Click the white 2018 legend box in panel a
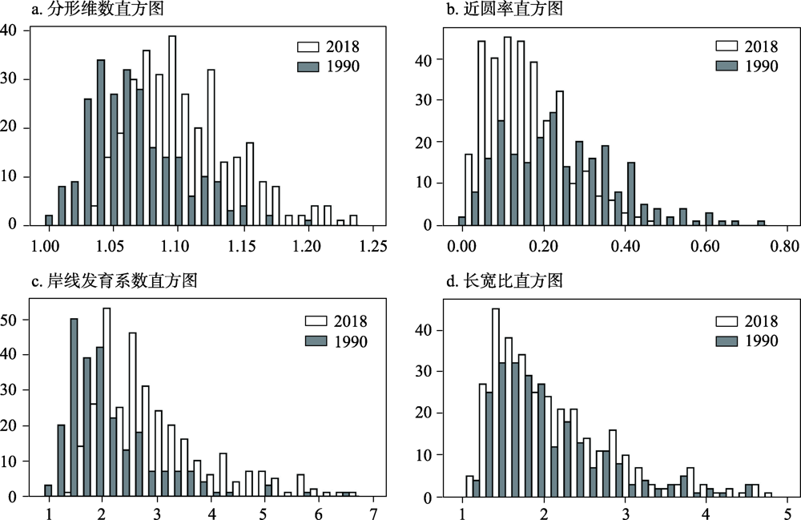tap(306, 46)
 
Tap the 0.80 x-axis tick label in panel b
tap(785, 245)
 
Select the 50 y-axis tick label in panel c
tap(14, 320)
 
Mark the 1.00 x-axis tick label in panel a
tap(48, 245)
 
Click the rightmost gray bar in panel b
tap(761, 223)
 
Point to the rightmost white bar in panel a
tap(353, 220)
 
